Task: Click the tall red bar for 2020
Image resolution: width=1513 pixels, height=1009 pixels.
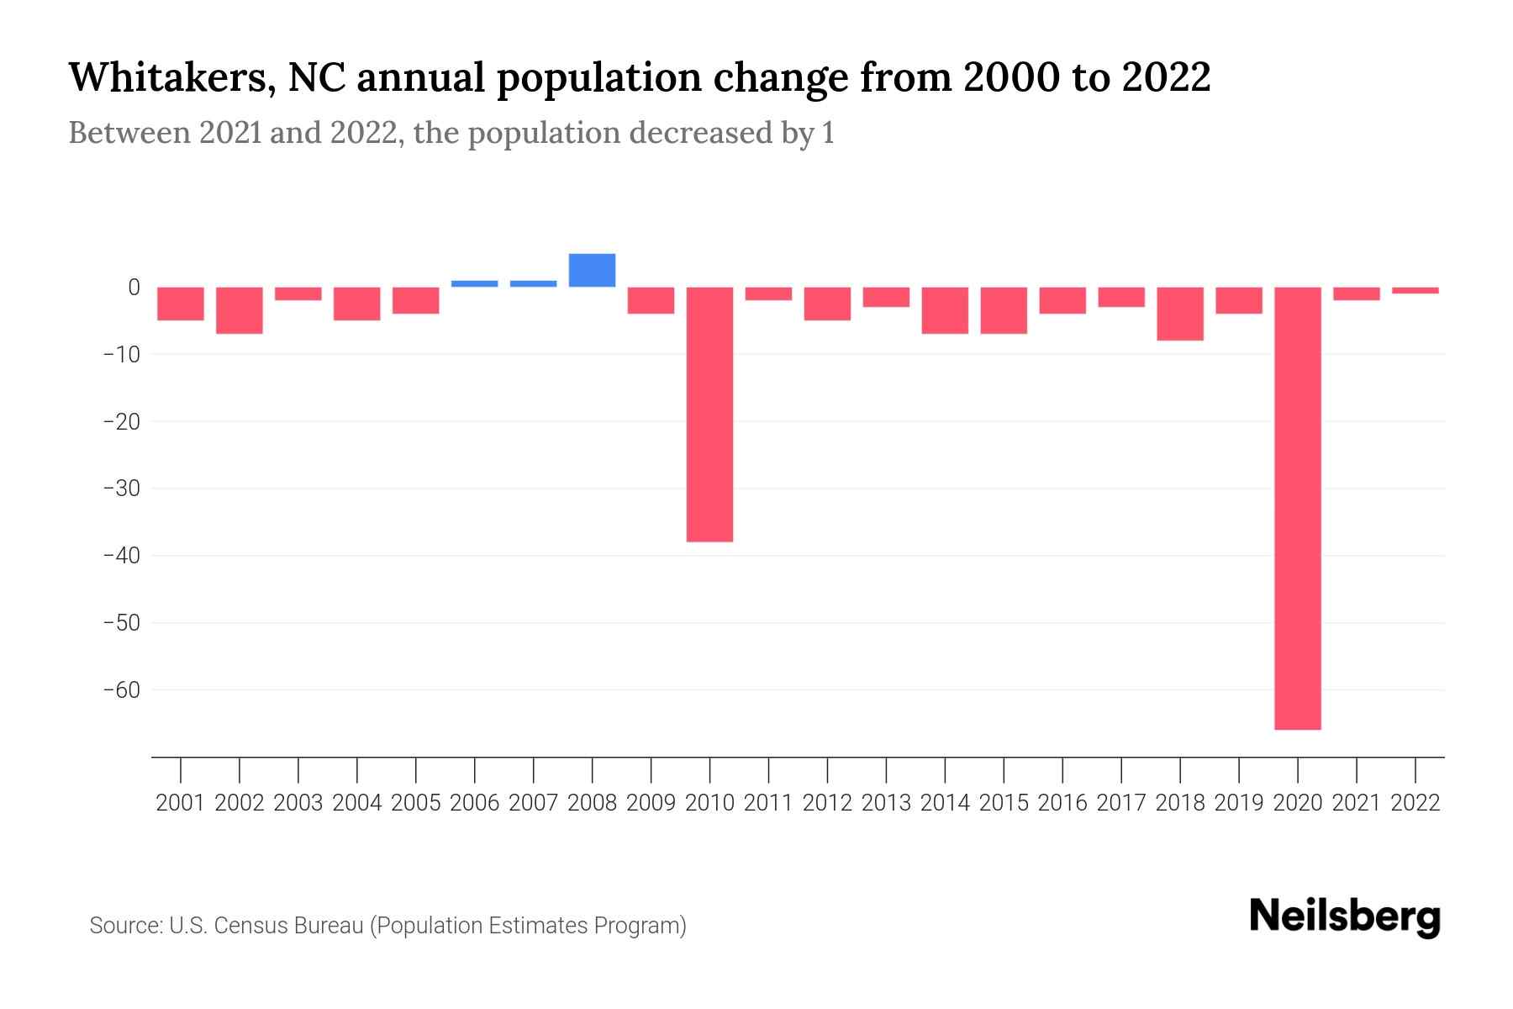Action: (x=1298, y=508)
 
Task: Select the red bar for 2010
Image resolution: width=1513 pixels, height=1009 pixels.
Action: (x=709, y=414)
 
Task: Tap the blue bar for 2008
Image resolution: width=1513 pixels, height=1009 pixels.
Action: (x=592, y=270)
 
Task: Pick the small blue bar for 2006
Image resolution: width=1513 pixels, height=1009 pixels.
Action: (x=474, y=283)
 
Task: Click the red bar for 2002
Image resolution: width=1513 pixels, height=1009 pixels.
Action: (x=240, y=310)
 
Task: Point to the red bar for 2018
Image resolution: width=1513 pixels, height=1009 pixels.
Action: (x=1180, y=314)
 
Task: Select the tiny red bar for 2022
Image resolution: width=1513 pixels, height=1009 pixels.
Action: (x=1415, y=290)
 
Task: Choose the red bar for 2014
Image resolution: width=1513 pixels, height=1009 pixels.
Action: (x=945, y=310)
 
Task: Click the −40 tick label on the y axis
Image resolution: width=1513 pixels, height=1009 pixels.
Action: (x=121, y=556)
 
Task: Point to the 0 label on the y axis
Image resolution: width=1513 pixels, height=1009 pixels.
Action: (x=134, y=288)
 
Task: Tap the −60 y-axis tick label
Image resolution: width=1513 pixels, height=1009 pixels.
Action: (x=121, y=690)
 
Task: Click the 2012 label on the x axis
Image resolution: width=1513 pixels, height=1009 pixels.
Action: (x=827, y=803)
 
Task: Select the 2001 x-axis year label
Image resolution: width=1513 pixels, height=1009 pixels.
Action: (x=181, y=803)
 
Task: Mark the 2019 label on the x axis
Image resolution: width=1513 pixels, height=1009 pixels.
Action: (x=1239, y=803)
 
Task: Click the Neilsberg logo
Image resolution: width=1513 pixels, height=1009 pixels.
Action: (x=1345, y=917)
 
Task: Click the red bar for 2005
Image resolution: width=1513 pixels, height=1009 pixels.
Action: (x=416, y=300)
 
